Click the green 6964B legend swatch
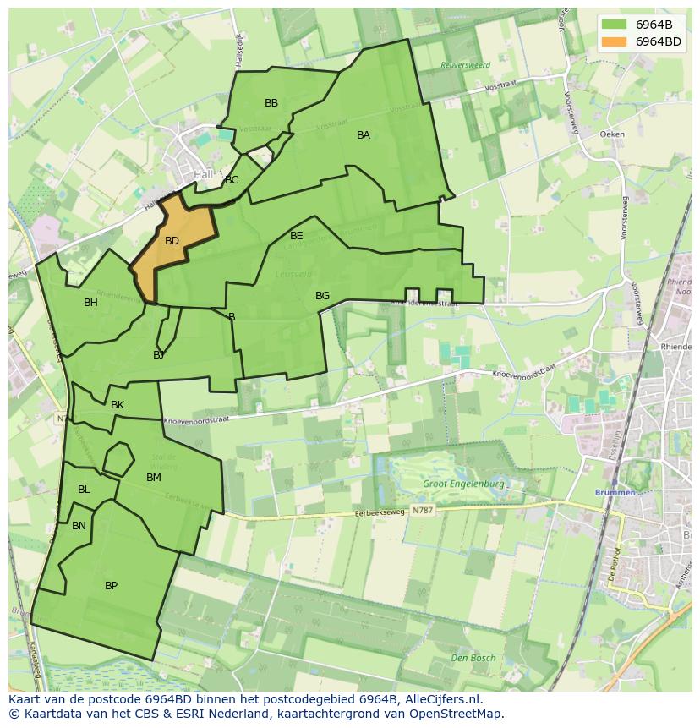[614, 25]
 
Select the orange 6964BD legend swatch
[614, 41]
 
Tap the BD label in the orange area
[172, 241]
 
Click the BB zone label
[271, 103]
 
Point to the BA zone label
[364, 135]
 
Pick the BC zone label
[232, 180]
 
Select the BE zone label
[296, 236]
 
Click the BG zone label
[322, 296]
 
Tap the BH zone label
[90, 303]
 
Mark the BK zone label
[118, 405]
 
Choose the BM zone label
[153, 478]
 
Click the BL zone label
[84, 490]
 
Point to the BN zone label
[79, 526]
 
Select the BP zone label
[111, 586]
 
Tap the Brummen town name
[615, 492]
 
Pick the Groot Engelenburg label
[464, 484]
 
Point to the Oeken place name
[611, 134]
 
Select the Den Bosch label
[473, 658]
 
